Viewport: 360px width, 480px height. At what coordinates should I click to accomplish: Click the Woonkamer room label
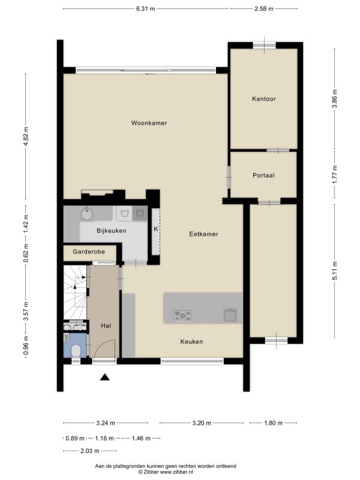[x=149, y=123]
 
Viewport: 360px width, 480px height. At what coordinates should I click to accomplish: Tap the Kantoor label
[x=264, y=99]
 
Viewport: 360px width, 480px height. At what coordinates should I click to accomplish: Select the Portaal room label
[x=263, y=175]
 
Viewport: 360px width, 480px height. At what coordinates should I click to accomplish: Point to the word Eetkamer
[x=203, y=234]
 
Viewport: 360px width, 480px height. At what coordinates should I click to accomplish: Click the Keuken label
[x=191, y=341]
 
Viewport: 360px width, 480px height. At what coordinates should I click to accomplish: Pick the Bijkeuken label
[x=112, y=231]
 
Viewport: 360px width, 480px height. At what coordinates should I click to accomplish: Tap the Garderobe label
[x=89, y=251]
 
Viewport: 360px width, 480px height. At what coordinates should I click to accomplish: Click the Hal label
[x=106, y=326]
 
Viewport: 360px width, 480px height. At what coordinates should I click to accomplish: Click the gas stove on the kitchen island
[x=183, y=316]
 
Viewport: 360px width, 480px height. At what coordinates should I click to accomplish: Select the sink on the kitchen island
[x=230, y=315]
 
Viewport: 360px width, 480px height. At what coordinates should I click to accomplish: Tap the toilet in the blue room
[x=76, y=351]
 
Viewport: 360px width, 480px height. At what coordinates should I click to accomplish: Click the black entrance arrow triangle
[x=104, y=377]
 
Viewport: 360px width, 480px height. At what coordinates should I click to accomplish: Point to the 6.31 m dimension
[x=146, y=9]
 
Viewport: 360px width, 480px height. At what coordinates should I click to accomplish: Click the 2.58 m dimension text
[x=264, y=9]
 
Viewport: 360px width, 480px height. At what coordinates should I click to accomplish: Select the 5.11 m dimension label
[x=335, y=271]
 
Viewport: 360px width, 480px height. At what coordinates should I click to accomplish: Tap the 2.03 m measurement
[x=90, y=451]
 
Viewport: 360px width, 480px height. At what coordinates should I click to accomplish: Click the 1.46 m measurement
[x=141, y=439]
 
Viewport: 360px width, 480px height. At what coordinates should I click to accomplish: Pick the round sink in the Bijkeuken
[x=88, y=214]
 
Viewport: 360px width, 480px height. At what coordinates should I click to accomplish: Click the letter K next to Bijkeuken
[x=156, y=229]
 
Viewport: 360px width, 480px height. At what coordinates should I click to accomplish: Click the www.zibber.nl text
[x=176, y=472]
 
